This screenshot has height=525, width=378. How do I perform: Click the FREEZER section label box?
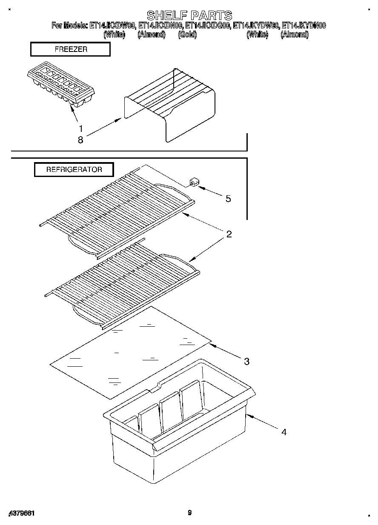point(70,49)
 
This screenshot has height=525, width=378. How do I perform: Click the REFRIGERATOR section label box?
point(74,169)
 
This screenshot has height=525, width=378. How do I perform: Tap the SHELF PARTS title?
point(189,16)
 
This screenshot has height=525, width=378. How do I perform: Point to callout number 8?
point(80,139)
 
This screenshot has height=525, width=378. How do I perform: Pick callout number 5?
point(228,199)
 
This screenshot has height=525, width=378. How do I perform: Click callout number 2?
point(229,234)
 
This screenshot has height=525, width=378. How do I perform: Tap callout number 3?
point(246,362)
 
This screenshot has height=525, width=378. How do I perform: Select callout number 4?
point(283,432)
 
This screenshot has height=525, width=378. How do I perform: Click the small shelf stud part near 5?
point(194,183)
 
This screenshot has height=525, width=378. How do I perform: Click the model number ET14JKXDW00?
point(113,26)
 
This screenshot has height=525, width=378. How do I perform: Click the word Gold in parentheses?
point(187,35)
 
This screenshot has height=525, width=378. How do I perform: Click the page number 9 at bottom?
point(189,513)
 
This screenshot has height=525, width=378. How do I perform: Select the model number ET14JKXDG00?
point(209,26)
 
